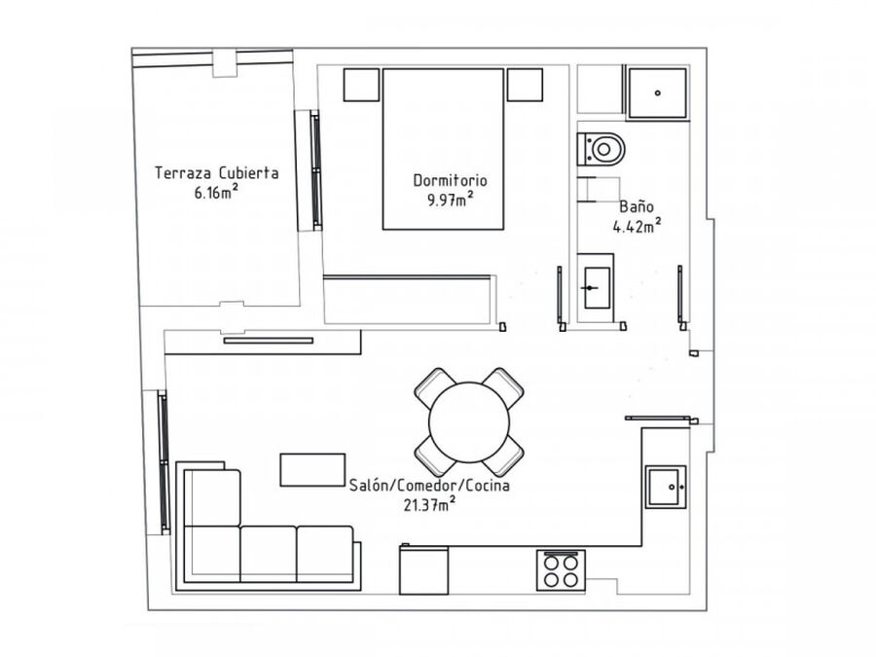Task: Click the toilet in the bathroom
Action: pos(600,149)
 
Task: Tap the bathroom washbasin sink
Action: pos(597,288)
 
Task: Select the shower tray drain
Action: pos(658,93)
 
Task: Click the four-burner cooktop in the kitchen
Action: pos(561,570)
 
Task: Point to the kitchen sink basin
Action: pos(666,487)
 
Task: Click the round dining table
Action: pos(469,422)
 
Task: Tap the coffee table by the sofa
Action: pos(312,470)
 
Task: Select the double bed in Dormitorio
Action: pos(443,149)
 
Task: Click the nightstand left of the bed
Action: pos(361,85)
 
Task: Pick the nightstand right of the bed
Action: pos(525,85)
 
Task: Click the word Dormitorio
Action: pos(450,180)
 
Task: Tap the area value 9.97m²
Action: pos(451,200)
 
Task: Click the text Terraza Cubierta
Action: pos(217,172)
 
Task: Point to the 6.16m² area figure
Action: pos(216,192)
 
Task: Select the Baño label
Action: pos(637,206)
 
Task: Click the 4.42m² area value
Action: pos(637,226)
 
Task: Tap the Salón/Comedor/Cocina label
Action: pos(429,485)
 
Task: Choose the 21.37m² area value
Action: pos(429,504)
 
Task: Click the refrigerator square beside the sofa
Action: pos(424,569)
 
